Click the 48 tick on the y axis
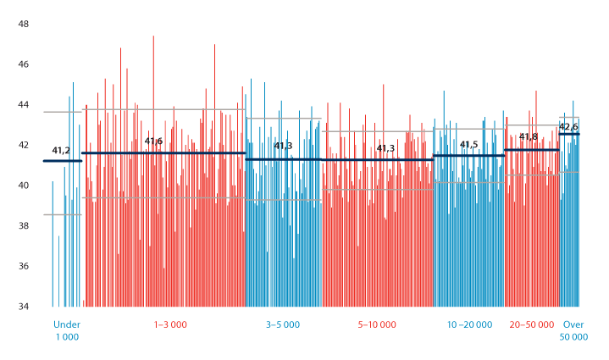24,24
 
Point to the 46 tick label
24,64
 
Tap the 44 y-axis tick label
24,105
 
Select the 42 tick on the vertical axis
24,145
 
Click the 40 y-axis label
24,186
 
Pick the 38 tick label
24,226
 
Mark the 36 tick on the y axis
24,266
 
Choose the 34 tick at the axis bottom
24,307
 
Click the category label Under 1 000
66,330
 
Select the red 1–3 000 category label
170,324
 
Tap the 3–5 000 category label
283,324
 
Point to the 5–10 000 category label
378,324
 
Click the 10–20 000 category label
471,324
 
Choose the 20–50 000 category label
532,324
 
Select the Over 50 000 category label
574,330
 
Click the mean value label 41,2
61,151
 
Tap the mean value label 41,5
468,145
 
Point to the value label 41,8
529,137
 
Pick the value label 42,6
568,127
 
